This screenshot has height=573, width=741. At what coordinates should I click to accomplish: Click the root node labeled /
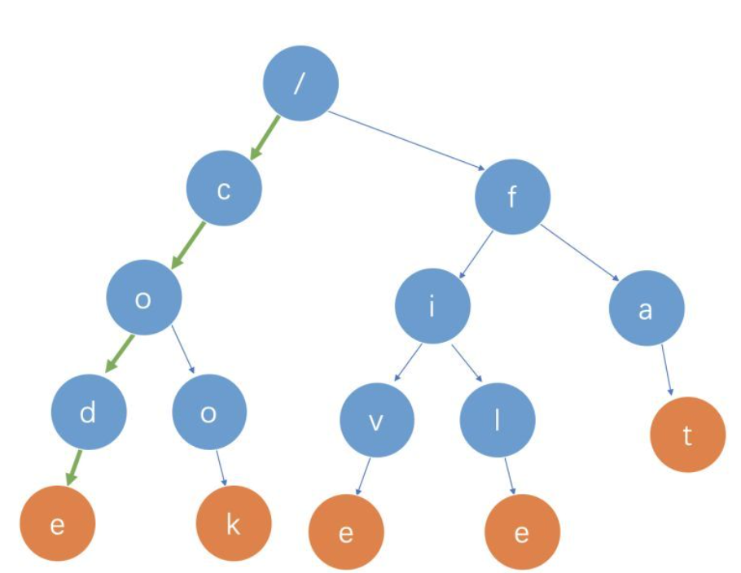tap(300, 84)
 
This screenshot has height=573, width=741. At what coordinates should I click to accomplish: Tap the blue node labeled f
tap(512, 196)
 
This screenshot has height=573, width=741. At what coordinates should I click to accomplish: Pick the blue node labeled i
tap(432, 307)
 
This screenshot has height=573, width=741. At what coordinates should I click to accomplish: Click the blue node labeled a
tap(647, 309)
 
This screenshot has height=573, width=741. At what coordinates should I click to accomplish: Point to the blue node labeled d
tap(89, 413)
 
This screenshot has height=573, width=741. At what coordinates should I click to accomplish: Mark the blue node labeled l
tap(498, 421)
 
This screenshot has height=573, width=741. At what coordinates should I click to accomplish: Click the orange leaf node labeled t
tap(687, 435)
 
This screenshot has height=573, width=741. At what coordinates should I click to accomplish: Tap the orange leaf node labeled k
tap(234, 525)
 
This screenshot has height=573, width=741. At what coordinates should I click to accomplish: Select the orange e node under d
tap(57, 525)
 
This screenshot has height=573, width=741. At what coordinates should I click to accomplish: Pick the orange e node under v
tap(346, 533)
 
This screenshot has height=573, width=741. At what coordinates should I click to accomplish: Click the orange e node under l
tap(522, 533)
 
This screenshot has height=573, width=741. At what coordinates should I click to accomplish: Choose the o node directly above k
tap(209, 413)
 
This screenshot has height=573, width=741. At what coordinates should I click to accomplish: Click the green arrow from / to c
tap(265, 137)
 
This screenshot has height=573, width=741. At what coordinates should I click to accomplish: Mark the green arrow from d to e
tap(74, 467)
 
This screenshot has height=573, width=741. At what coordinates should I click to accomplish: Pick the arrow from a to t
tap(668, 370)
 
